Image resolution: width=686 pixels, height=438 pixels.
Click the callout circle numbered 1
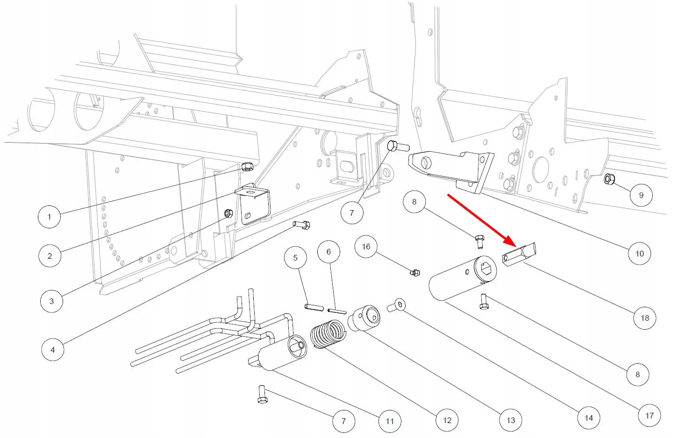50,216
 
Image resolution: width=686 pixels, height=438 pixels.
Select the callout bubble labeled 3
51,301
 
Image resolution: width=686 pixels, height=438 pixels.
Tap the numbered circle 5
295,258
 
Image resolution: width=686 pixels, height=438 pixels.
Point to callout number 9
641,195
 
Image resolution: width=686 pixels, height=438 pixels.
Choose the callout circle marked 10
639,253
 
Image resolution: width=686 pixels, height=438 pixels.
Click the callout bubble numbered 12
447,420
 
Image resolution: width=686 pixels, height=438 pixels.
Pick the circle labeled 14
589,417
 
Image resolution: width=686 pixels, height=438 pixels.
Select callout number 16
366,246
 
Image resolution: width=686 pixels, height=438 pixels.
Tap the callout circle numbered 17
650,415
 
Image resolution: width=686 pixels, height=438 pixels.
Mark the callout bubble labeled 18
645,318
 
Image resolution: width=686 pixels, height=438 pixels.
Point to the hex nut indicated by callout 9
609,179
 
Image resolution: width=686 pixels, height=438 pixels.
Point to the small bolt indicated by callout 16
414,272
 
